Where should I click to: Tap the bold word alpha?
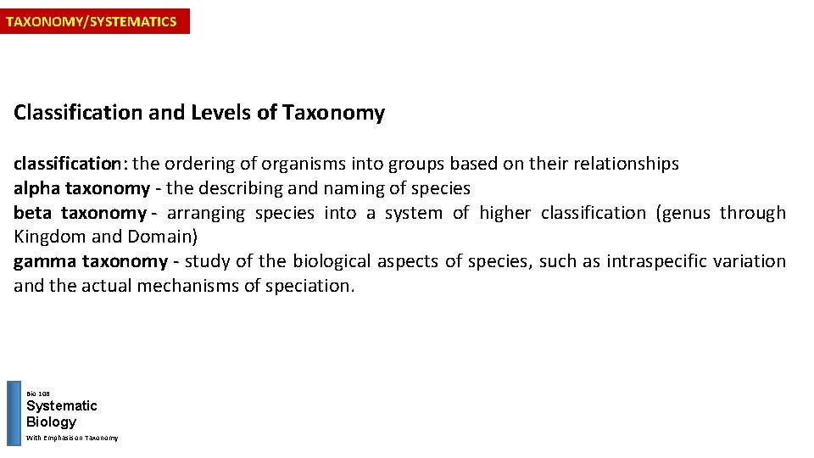coord(36,188)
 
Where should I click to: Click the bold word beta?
coord(32,213)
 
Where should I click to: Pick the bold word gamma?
coord(43,261)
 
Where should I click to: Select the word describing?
coord(241,188)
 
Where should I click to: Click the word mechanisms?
coord(193,286)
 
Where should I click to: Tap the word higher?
coord(505,213)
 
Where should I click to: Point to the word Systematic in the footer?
coord(61,406)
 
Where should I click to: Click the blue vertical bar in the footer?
coord(14,413)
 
